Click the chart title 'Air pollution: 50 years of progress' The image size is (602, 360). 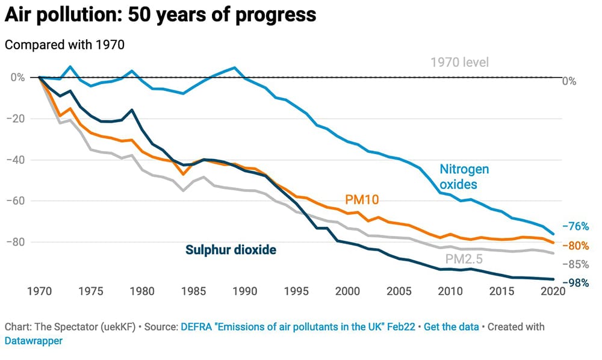click(160, 14)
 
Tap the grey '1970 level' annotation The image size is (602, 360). click(459, 62)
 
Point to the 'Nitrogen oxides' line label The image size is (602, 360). click(464, 177)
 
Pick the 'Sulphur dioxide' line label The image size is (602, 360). click(231, 250)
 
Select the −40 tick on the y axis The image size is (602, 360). click(17, 160)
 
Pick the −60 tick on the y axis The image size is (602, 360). click(17, 201)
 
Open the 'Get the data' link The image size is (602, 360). click(451, 327)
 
